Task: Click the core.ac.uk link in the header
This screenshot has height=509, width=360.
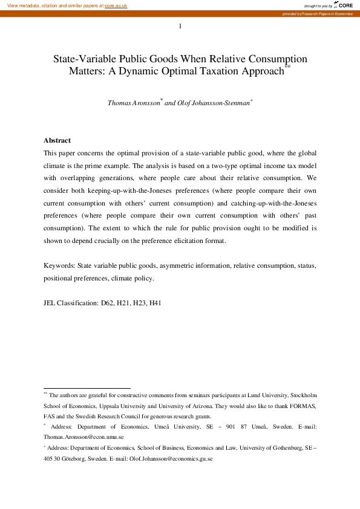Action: click(116, 5)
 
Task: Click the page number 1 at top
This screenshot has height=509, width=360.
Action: click(180, 26)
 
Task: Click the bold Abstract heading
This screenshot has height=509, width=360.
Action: click(57, 140)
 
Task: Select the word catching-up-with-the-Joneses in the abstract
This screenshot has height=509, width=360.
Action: click(272, 204)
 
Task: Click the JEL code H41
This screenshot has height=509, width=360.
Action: click(155, 303)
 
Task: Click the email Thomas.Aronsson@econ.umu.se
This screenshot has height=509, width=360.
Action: click(83, 436)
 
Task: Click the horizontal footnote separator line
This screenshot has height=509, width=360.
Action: click(87, 388)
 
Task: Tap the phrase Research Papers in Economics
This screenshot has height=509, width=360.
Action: click(330, 13)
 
